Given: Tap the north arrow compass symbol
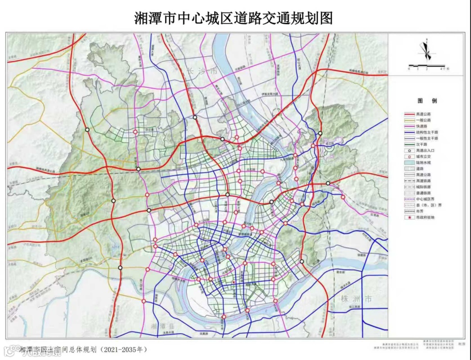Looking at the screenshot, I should [x=426, y=51].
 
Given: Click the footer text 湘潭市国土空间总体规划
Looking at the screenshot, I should [x=59, y=350].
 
